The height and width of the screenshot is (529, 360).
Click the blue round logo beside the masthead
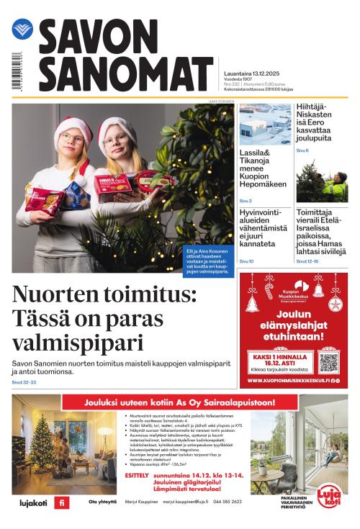22,30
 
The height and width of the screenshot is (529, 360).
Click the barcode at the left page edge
15,71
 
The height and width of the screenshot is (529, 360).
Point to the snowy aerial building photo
265,125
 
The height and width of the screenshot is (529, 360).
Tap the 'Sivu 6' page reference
302,150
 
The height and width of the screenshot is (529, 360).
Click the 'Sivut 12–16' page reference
307,261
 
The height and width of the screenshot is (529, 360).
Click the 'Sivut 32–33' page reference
24,382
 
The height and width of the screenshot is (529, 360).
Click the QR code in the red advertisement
328,361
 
